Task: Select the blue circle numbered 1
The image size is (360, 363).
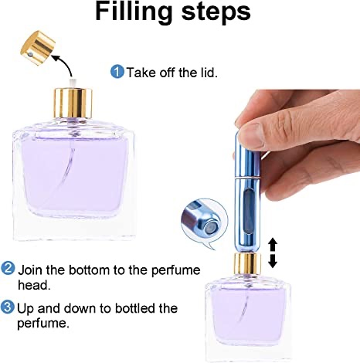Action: [x=117, y=72]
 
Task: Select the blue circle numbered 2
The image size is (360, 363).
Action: [x=8, y=270]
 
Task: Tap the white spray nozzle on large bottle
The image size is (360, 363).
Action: [x=72, y=82]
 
